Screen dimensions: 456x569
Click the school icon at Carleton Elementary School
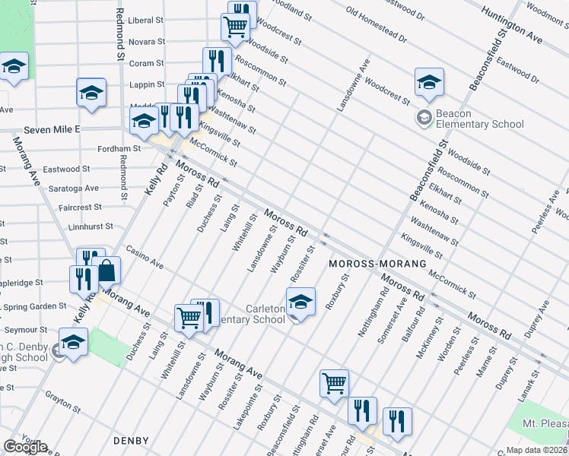pos(300,302)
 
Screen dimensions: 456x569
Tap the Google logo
pos(25,447)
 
